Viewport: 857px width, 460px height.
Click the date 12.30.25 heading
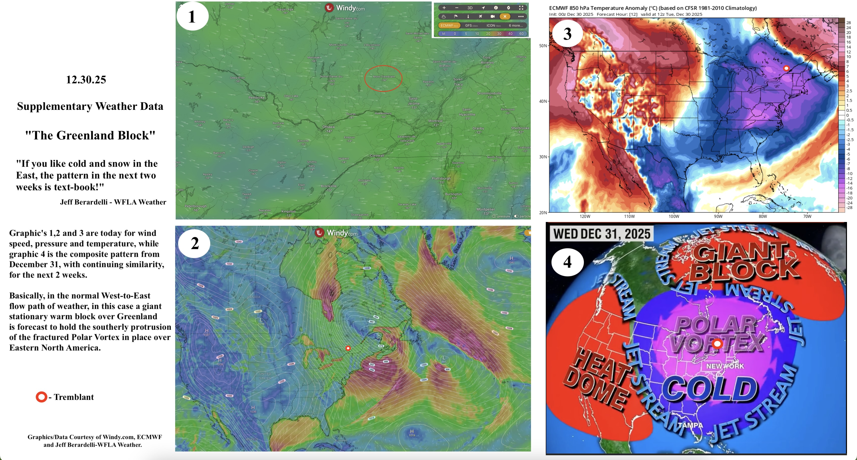click(x=86, y=80)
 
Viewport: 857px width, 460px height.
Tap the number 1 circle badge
click(x=192, y=16)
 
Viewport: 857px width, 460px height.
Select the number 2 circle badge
click(x=194, y=243)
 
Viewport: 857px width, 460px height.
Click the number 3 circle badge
click(x=567, y=34)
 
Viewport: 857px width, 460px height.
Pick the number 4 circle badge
click(x=567, y=262)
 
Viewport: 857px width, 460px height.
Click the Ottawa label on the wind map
click(x=328, y=127)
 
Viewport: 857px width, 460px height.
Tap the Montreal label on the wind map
click(x=435, y=121)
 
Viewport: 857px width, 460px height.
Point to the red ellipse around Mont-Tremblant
click(x=383, y=78)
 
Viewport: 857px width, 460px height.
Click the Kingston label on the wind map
click(x=288, y=211)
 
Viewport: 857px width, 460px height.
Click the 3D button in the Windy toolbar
click(x=470, y=8)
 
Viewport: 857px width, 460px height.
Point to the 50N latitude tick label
click(x=543, y=46)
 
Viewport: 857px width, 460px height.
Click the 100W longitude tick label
click(x=674, y=216)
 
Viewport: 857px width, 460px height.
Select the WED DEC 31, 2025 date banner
click(x=601, y=234)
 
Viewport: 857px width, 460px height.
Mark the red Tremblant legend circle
click(x=41, y=397)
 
